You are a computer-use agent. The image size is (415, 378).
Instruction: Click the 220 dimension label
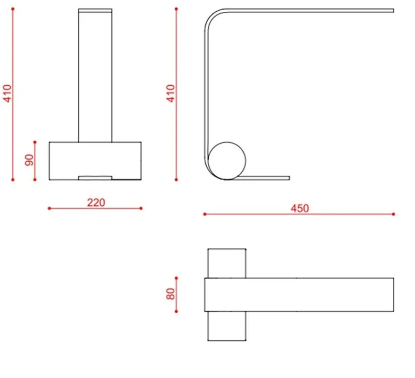coord(96,202)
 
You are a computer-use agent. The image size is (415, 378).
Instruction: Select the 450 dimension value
coord(300,208)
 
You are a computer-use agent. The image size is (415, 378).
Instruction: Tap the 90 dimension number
coord(29,160)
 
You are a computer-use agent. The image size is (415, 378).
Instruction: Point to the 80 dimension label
coord(171,294)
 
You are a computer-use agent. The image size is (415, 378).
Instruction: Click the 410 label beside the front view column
coord(7,94)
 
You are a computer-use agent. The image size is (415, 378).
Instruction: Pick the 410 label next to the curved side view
coord(171,94)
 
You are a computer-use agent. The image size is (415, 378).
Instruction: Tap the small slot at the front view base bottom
coord(95,177)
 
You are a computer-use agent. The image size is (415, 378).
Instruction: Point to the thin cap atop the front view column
coord(95,10)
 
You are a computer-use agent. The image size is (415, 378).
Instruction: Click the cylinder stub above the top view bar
coord(227,263)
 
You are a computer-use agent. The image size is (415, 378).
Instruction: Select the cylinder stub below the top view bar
coord(227,326)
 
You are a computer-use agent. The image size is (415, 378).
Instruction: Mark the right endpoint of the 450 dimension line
coord(394,214)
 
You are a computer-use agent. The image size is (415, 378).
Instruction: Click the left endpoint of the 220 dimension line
coord(49,208)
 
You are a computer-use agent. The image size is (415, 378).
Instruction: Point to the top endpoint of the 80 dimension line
coord(176,278)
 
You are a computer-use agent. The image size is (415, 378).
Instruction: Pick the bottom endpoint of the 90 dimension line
coord(35,180)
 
